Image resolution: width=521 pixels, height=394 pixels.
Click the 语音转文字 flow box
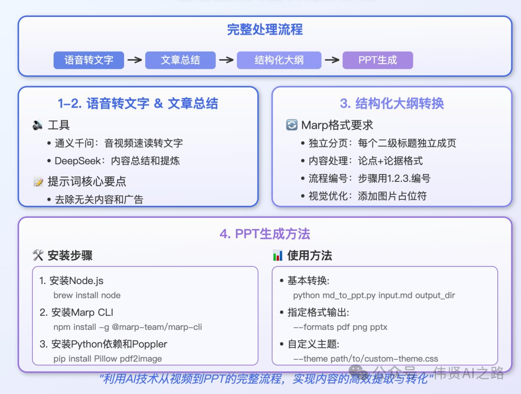click(89, 60)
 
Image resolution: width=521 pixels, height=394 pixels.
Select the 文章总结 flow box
click(180, 60)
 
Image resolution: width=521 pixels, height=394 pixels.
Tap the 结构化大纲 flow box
click(279, 60)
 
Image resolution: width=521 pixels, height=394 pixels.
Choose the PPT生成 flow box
click(378, 60)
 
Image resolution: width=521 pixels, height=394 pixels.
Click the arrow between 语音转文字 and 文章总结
click(135, 60)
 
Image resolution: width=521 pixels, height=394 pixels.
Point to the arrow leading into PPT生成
click(332, 60)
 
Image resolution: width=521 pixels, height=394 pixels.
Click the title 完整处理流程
click(265, 30)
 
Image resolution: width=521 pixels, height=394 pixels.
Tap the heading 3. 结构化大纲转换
click(392, 103)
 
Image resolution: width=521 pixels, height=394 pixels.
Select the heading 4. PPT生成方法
click(265, 234)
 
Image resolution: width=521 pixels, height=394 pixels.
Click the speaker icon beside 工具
click(38, 125)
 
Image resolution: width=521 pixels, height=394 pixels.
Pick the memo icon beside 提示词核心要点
click(38, 182)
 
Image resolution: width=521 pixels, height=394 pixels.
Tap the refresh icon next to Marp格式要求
click(292, 125)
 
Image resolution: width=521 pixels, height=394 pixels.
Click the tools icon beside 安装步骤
click(38, 256)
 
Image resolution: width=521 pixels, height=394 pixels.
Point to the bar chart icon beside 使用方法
click(277, 256)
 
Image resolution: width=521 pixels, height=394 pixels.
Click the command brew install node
click(87, 295)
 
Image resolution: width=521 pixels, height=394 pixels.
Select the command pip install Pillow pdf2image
click(108, 359)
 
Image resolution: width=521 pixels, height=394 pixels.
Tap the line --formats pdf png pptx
click(340, 327)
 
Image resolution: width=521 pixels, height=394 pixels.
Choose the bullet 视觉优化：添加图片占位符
click(368, 196)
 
